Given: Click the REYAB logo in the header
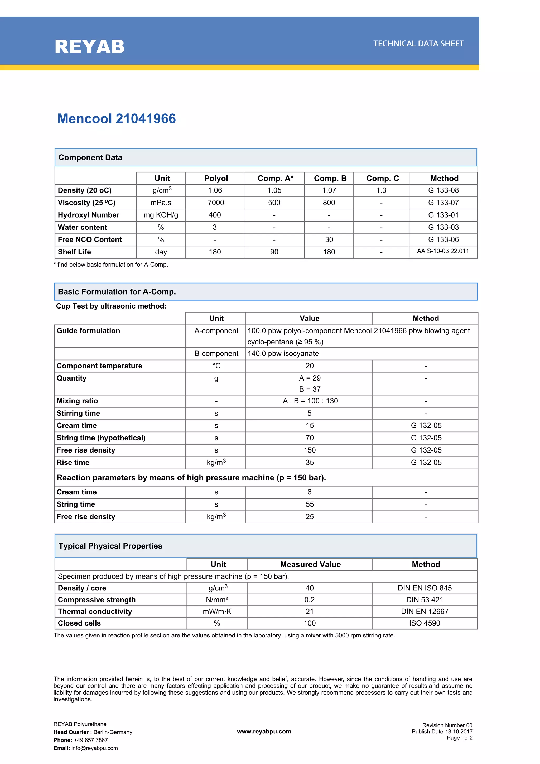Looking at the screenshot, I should (x=89, y=47).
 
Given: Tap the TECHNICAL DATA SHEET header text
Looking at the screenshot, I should (x=418, y=44).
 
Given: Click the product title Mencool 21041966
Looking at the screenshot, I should (x=117, y=119).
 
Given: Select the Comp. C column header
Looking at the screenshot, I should (x=382, y=178).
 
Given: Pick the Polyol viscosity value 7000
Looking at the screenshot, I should (x=216, y=203).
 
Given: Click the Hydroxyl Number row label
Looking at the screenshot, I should (x=89, y=215).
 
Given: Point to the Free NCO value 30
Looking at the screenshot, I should (x=329, y=239).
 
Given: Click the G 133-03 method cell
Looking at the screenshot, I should (x=443, y=227).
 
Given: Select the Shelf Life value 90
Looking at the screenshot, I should (x=274, y=252).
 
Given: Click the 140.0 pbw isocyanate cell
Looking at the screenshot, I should (x=283, y=353).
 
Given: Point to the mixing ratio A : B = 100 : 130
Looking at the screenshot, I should (x=310, y=401).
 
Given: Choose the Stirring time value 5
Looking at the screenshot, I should (x=310, y=413).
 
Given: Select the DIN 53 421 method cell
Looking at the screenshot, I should (x=425, y=600).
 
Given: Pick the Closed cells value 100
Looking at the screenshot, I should (x=310, y=623).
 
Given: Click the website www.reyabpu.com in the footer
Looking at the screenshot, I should (x=264, y=731).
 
